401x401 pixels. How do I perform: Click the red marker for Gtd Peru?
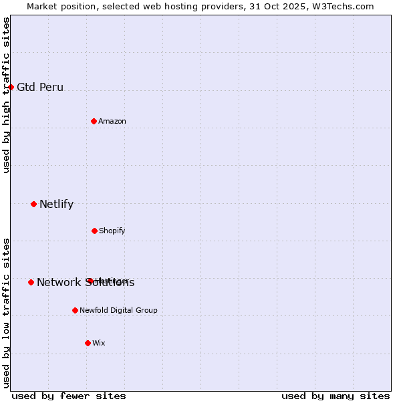11,87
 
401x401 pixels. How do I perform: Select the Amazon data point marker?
94,121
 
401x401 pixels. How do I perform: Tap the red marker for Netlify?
33,204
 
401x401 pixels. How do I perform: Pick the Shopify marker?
94,231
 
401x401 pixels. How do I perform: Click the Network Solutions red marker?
31,282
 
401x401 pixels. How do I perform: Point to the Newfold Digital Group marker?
75,310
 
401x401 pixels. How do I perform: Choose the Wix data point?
88,343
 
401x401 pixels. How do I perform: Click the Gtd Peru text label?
40,87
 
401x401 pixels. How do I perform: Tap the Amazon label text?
112,121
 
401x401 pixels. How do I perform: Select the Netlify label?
57,204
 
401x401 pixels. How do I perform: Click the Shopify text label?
112,231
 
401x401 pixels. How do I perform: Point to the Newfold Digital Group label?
119,310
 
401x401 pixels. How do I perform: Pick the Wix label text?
99,343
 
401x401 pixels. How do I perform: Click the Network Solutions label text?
86,282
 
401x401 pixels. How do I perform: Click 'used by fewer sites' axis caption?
69,396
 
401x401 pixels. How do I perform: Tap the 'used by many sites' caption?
336,396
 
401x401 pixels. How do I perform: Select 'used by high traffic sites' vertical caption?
6,95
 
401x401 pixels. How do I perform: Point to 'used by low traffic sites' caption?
6,313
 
